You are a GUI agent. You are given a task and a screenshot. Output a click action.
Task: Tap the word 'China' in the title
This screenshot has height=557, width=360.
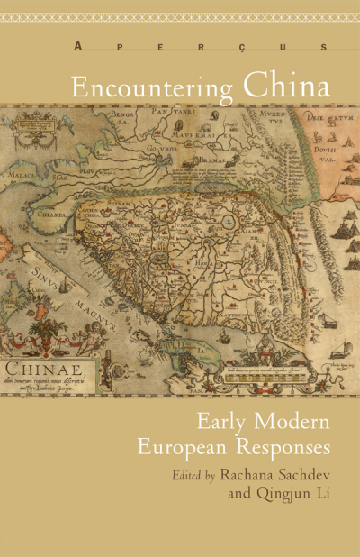[x=284, y=88]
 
